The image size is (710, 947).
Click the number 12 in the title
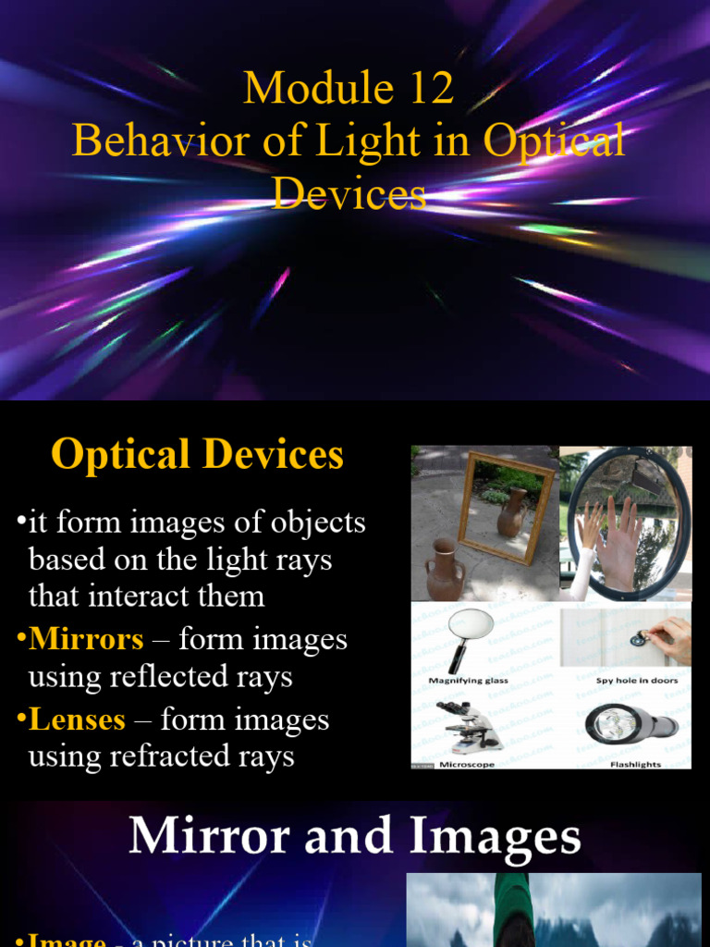427,89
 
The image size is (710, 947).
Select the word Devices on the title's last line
349,193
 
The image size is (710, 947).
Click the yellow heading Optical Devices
198,455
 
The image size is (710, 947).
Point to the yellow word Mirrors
86,638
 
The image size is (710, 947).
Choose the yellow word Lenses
77,719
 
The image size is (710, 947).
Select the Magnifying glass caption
469,681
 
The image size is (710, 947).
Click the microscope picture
470,726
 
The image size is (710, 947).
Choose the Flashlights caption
636,765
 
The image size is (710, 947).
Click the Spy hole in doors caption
637,681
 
